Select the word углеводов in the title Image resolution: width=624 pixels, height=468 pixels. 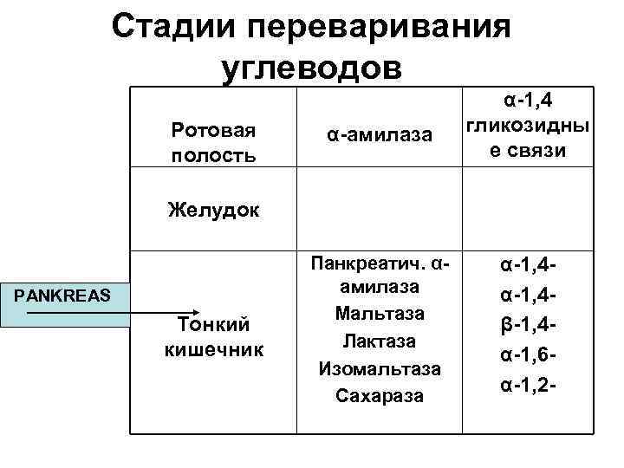point(312,66)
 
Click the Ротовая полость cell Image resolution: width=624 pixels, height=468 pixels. point(213,142)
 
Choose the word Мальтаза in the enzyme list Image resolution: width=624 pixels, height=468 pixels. point(380,314)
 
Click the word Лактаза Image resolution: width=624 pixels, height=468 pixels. point(380,341)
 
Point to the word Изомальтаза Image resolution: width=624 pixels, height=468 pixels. point(380,368)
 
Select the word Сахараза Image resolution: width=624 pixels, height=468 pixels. point(380,395)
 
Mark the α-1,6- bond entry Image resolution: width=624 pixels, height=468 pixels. point(527,356)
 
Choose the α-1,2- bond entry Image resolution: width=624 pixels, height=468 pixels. point(527,382)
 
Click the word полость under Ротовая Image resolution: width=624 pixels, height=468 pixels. point(213,155)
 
